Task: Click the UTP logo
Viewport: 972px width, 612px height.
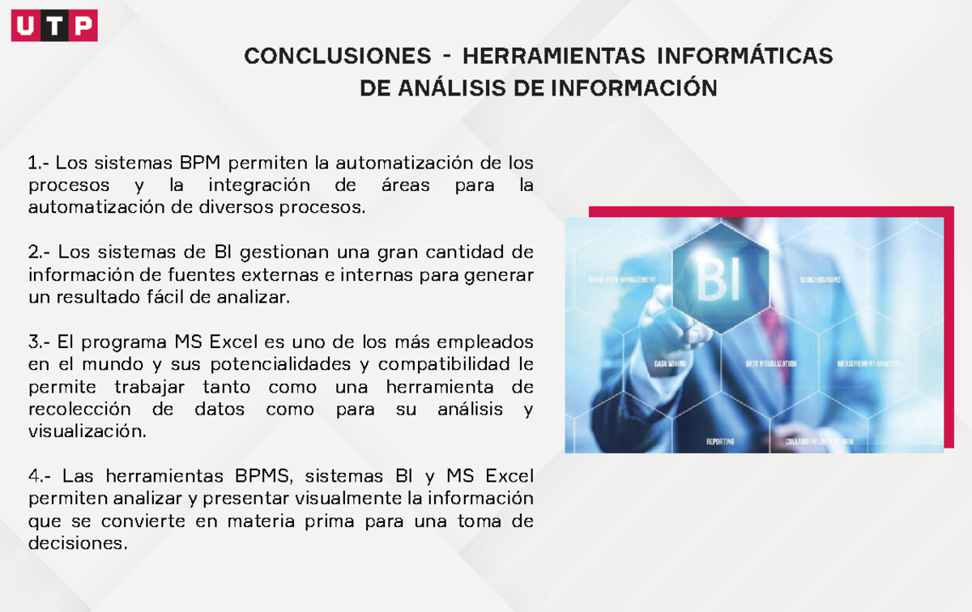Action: pos(54,26)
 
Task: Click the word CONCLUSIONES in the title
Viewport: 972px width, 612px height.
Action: pos(338,57)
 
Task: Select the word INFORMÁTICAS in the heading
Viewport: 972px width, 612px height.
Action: pos(744,57)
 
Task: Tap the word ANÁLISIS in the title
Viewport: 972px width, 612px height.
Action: pos(446,88)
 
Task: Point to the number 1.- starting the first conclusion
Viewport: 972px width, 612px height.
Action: pos(38,164)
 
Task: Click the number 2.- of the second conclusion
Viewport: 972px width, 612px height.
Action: pos(40,253)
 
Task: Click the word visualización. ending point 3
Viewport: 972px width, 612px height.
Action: pos(88,431)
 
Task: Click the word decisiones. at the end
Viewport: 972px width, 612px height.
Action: pos(78,543)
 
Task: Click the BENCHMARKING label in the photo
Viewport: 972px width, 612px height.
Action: pos(820,279)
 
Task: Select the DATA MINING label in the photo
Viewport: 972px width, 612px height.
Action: pos(672,364)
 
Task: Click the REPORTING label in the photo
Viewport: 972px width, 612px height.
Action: pos(720,442)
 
